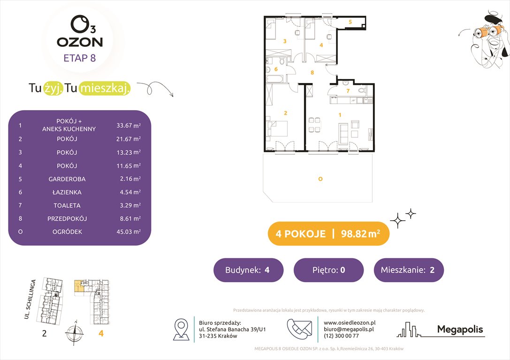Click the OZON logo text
[80, 42]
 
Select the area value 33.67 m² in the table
[129, 126]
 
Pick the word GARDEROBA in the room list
[67, 179]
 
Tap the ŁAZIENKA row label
[67, 192]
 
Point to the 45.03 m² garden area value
[129, 232]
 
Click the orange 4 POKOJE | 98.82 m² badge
[328, 234]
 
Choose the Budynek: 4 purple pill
[248, 270]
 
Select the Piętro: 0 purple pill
[328, 270]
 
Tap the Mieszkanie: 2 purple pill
[408, 270]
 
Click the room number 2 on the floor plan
[285, 113]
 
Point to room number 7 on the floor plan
[348, 91]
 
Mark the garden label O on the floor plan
[320, 179]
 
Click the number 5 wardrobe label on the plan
[350, 22]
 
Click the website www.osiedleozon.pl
[350, 322]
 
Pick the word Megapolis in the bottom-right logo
[460, 329]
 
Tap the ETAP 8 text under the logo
[80, 58]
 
